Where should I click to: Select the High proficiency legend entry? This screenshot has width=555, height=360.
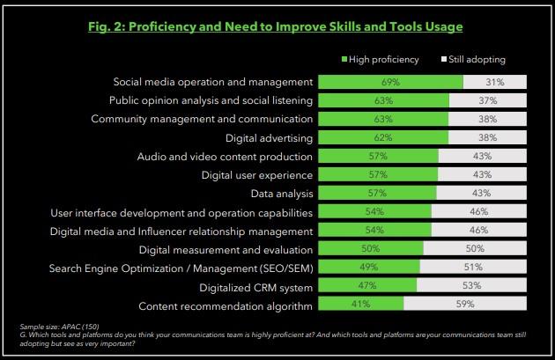379,60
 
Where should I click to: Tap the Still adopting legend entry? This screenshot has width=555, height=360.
477,60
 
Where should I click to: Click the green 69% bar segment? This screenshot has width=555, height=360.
390,82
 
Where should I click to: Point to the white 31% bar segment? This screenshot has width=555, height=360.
495,82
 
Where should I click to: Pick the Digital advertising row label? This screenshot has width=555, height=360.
263,137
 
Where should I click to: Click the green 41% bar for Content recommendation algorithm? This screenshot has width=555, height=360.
360,305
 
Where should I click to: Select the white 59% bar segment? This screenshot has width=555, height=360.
465,305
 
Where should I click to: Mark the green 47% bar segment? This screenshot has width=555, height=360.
367,286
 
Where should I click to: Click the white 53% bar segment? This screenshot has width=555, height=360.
472,286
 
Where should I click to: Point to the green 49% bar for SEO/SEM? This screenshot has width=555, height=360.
369,268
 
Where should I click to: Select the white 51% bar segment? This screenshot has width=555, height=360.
474,268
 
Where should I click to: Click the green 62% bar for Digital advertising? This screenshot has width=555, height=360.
383,137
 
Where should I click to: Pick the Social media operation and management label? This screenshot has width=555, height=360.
204,82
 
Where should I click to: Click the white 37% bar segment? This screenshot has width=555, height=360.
488,100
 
